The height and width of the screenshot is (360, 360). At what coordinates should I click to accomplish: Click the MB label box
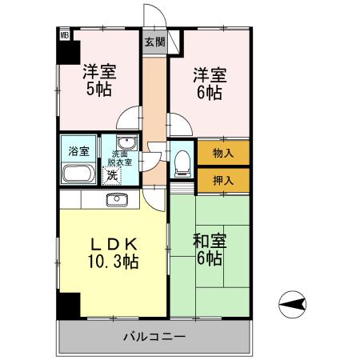pos(63,34)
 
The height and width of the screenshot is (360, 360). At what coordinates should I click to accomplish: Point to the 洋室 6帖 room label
pos(210,83)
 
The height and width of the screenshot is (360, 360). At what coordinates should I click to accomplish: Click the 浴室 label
pos(78,150)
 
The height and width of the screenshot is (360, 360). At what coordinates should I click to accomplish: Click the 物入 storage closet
pos(223,152)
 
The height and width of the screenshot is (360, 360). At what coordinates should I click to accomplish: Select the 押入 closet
pos(223,179)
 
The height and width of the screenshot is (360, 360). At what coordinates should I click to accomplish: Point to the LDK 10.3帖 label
pos(114,252)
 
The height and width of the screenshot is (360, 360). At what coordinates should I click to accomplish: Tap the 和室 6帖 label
pos(209,248)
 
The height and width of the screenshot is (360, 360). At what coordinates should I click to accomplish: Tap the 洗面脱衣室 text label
pos(121,158)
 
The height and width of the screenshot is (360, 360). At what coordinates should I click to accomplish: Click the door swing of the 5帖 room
pos(126,120)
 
